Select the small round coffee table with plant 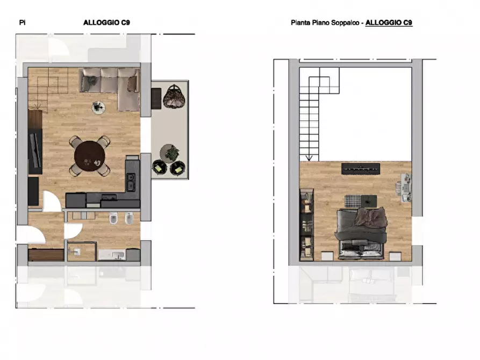click(x=98, y=107)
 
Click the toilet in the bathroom click(x=113, y=220)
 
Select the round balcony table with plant click(x=169, y=153)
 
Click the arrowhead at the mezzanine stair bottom click(x=309, y=158)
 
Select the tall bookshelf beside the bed click(x=307, y=226)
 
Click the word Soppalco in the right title click(x=348, y=23)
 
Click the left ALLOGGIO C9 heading click(x=106, y=23)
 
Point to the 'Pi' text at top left click(x=22, y=23)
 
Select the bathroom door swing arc click(x=73, y=231)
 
